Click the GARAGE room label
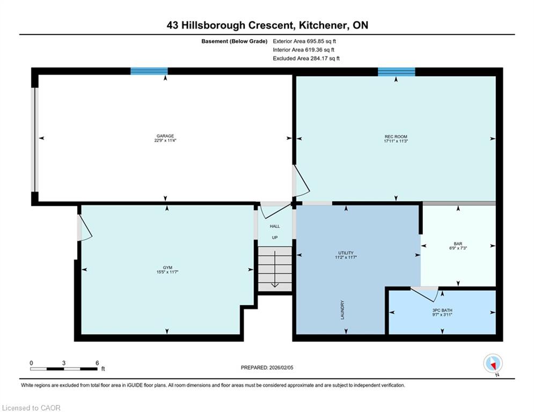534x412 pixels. coord(165,136)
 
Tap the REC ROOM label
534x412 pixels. coord(396,137)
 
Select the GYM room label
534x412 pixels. coord(167,268)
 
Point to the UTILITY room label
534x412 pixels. coord(346,253)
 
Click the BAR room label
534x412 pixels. coord(458,244)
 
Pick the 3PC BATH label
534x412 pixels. coord(442,311)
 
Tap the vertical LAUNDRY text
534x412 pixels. coord(342,310)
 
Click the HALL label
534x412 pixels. coord(275,226)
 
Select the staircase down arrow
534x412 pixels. coord(274,269)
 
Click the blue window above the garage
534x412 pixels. coord(149,71)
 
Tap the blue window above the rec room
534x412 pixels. coord(397,72)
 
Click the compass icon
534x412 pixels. coord(493,363)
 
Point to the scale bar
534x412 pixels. coord(64,369)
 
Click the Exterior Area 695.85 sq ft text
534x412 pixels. coord(304,41)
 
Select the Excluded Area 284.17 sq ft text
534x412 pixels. coord(306,58)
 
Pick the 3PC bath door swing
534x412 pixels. coord(425,294)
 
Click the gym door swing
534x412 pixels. coord(85,228)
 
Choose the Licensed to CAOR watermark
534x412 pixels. coord(31,408)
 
